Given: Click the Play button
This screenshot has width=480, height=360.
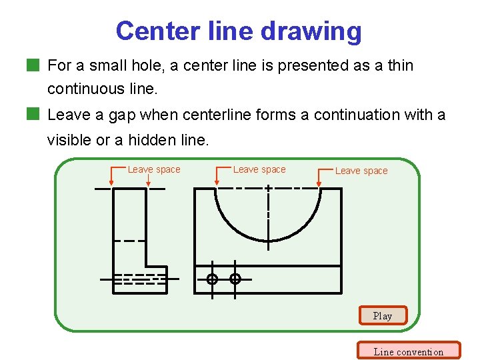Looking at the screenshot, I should pyautogui.click(x=382, y=315).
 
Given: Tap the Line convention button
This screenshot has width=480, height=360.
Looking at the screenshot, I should pyautogui.click(x=408, y=351).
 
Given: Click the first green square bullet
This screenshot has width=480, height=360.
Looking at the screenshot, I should pyautogui.click(x=33, y=65).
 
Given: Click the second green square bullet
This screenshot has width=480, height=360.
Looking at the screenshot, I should pyautogui.click(x=33, y=115).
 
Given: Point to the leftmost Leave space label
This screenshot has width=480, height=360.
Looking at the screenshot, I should pyautogui.click(x=154, y=169).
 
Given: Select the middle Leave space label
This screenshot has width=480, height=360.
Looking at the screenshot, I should pyautogui.click(x=259, y=169).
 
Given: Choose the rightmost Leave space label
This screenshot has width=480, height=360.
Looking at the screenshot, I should pyautogui.click(x=361, y=171).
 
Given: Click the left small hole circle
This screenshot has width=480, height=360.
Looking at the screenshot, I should pyautogui.click(x=212, y=279).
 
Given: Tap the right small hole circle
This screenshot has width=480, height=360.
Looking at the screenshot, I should pyautogui.click(x=235, y=279).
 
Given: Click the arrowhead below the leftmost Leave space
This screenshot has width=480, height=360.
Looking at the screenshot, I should pyautogui.click(x=111, y=182).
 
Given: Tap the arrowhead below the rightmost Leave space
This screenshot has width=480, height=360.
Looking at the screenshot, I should pyautogui.click(x=320, y=182).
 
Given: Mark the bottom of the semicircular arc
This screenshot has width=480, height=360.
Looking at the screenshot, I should pyautogui.click(x=268, y=240).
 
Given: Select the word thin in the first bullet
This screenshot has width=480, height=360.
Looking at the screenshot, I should pyautogui.click(x=400, y=65).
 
